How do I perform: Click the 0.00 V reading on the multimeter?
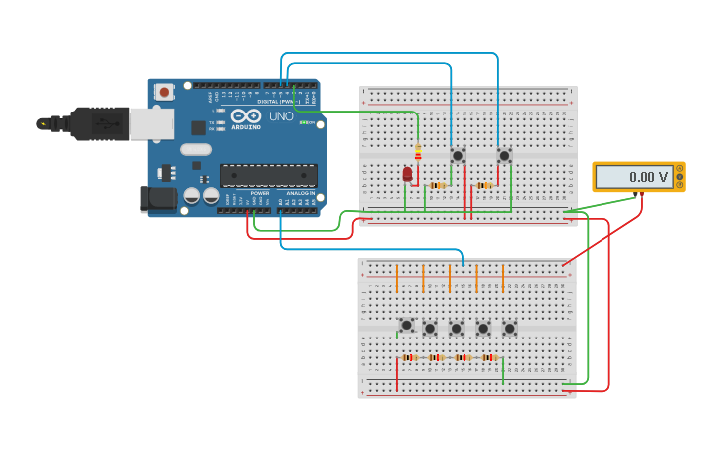coord(634,177)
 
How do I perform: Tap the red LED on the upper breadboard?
coord(407,174)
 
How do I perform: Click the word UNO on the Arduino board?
coord(281,116)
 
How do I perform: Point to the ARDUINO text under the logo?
coord(246,126)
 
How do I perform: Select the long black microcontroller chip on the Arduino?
coord(269,175)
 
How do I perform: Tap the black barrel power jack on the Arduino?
coord(157,198)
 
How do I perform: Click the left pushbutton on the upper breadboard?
coord(458,155)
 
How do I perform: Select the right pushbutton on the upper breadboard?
coord(504,155)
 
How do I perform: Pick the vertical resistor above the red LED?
coord(418,153)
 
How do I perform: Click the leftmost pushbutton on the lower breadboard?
coord(406,325)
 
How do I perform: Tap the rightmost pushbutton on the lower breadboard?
coord(509,328)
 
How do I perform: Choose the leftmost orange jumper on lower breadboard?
coord(396,277)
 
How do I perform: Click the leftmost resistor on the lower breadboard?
coord(409,357)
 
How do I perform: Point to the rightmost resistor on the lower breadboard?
coord(489,357)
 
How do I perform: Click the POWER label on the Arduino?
coord(259,193)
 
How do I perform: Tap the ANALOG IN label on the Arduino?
coord(301,193)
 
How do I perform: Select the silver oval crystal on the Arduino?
coord(195,149)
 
